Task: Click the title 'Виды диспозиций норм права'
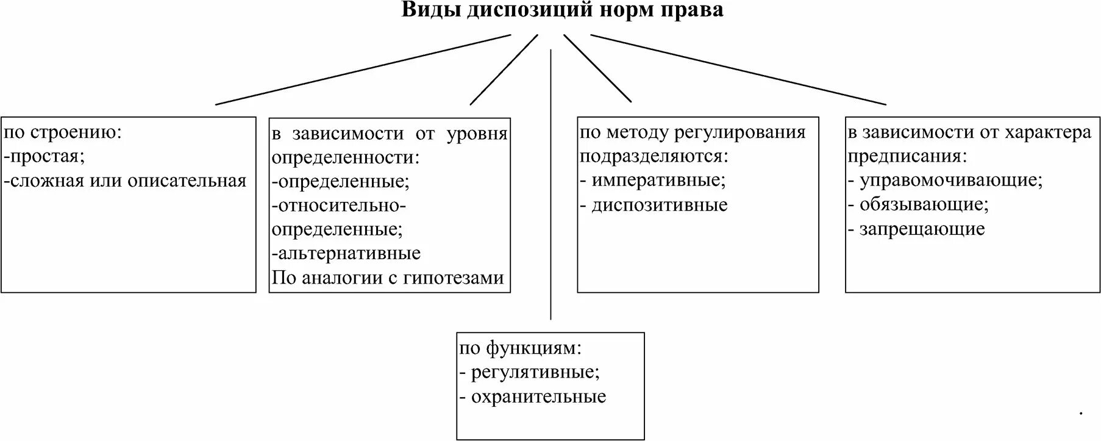point(562,10)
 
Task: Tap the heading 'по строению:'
point(63,132)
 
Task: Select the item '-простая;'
point(45,157)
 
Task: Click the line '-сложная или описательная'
point(126,181)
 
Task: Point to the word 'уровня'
point(477,134)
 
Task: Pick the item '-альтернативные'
point(346,253)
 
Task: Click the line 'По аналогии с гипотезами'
point(388,278)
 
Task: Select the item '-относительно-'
point(339,205)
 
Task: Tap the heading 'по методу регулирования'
point(693,132)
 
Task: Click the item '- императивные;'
point(653,181)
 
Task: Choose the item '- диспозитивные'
point(654,205)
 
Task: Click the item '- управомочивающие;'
point(945,181)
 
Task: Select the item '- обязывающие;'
point(918,204)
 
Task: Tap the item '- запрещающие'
point(916,229)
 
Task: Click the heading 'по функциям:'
point(521,348)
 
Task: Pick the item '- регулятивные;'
point(530,372)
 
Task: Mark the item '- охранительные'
point(533,396)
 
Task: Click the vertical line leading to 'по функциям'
point(550,183)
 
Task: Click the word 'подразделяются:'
point(654,157)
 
